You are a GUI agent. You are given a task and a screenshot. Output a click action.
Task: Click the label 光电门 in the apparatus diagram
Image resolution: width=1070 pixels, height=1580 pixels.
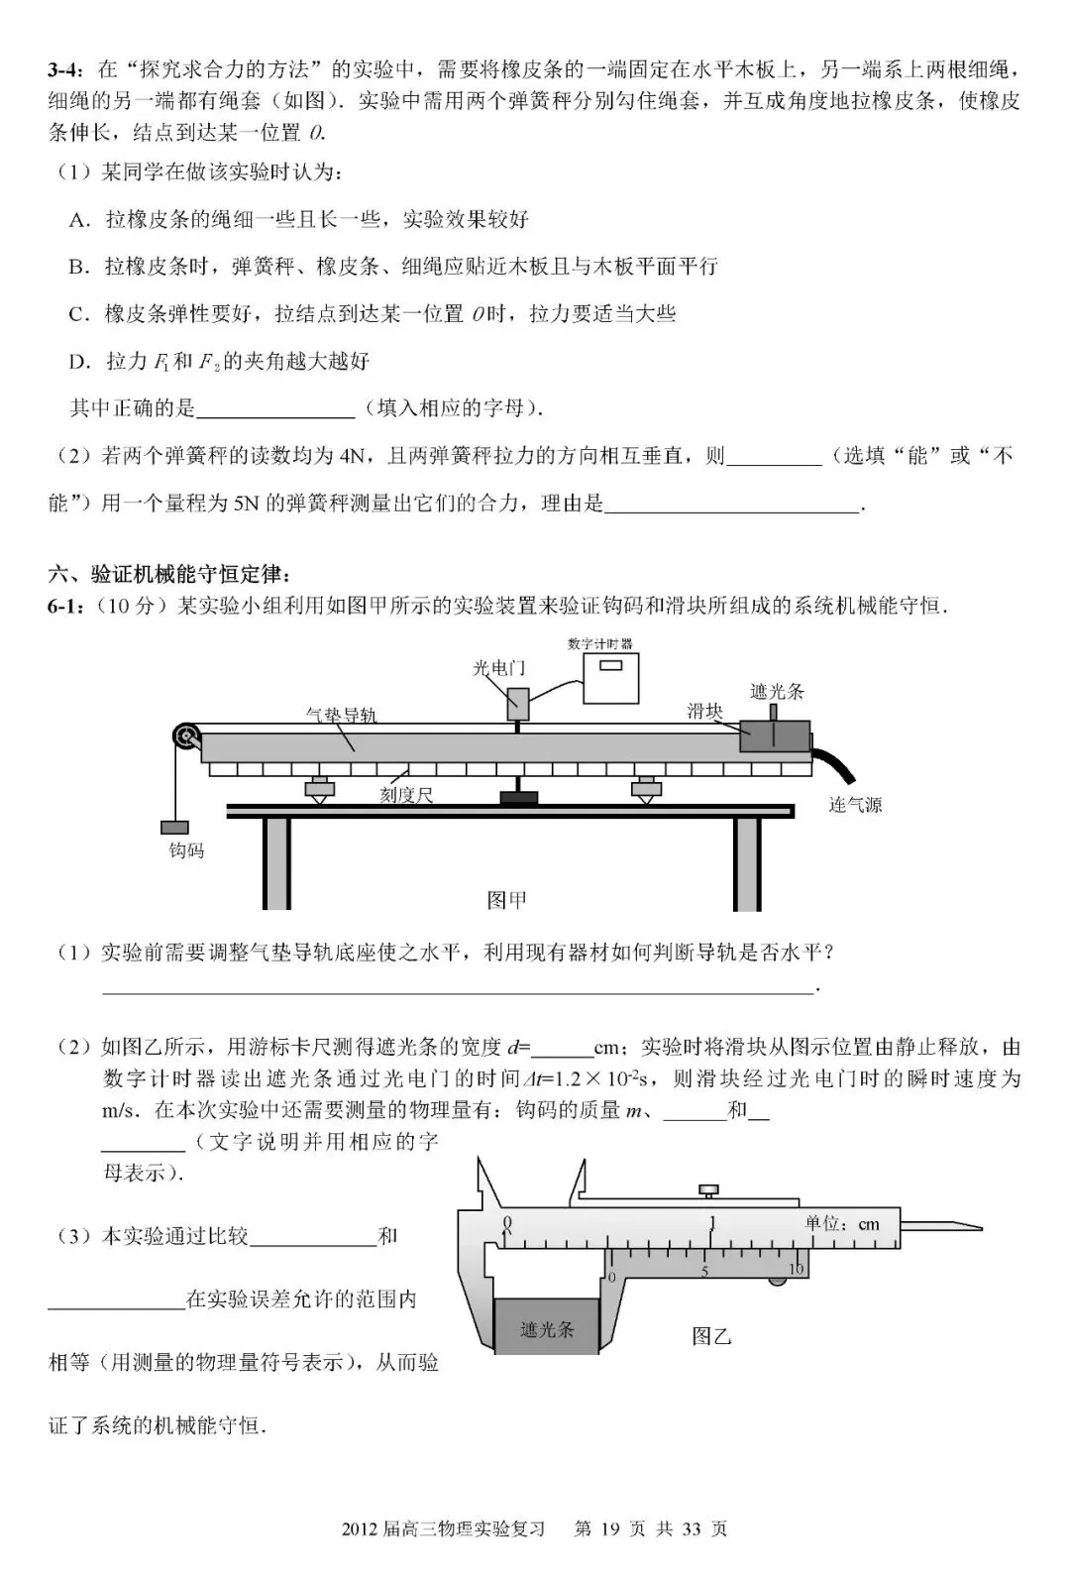pyautogui.click(x=498, y=668)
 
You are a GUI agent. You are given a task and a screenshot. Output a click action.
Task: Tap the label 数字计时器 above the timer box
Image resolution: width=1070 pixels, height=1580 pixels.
pyautogui.click(x=599, y=643)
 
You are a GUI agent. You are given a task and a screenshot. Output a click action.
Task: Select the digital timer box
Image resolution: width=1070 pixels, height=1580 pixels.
pyautogui.click(x=611, y=678)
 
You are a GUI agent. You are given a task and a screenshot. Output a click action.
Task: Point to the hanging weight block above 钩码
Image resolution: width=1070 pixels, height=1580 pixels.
pyautogui.click(x=174, y=828)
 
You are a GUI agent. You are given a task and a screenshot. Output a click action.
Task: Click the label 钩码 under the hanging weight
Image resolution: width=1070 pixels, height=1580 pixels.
pyautogui.click(x=186, y=850)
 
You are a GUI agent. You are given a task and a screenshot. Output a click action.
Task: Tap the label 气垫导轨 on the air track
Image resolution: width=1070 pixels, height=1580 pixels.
pyautogui.click(x=341, y=716)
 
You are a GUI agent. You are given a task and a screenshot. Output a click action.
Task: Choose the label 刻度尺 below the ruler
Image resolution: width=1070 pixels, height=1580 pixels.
pyautogui.click(x=406, y=795)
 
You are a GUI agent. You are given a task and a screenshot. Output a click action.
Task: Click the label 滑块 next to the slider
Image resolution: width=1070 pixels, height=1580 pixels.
pyautogui.click(x=704, y=711)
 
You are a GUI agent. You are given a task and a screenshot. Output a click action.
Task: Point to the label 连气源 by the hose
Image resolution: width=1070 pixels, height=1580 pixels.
pyautogui.click(x=855, y=805)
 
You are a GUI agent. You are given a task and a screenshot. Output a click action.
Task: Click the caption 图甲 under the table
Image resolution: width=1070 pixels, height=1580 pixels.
pyautogui.click(x=506, y=899)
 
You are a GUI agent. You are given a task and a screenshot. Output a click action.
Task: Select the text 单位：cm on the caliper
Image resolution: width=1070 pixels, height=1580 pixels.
pyautogui.click(x=842, y=1224)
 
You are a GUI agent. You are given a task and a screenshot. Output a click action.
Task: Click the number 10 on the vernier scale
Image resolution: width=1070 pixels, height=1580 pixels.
pyautogui.click(x=796, y=1269)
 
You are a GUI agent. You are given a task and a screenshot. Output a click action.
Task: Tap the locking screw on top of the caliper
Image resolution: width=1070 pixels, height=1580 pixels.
pyautogui.click(x=709, y=1190)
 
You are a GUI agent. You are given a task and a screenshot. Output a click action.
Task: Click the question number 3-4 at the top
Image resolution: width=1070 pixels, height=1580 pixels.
pyautogui.click(x=66, y=69)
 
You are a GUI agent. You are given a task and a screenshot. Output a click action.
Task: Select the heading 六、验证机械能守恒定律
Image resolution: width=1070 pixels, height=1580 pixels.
pyautogui.click(x=169, y=574)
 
